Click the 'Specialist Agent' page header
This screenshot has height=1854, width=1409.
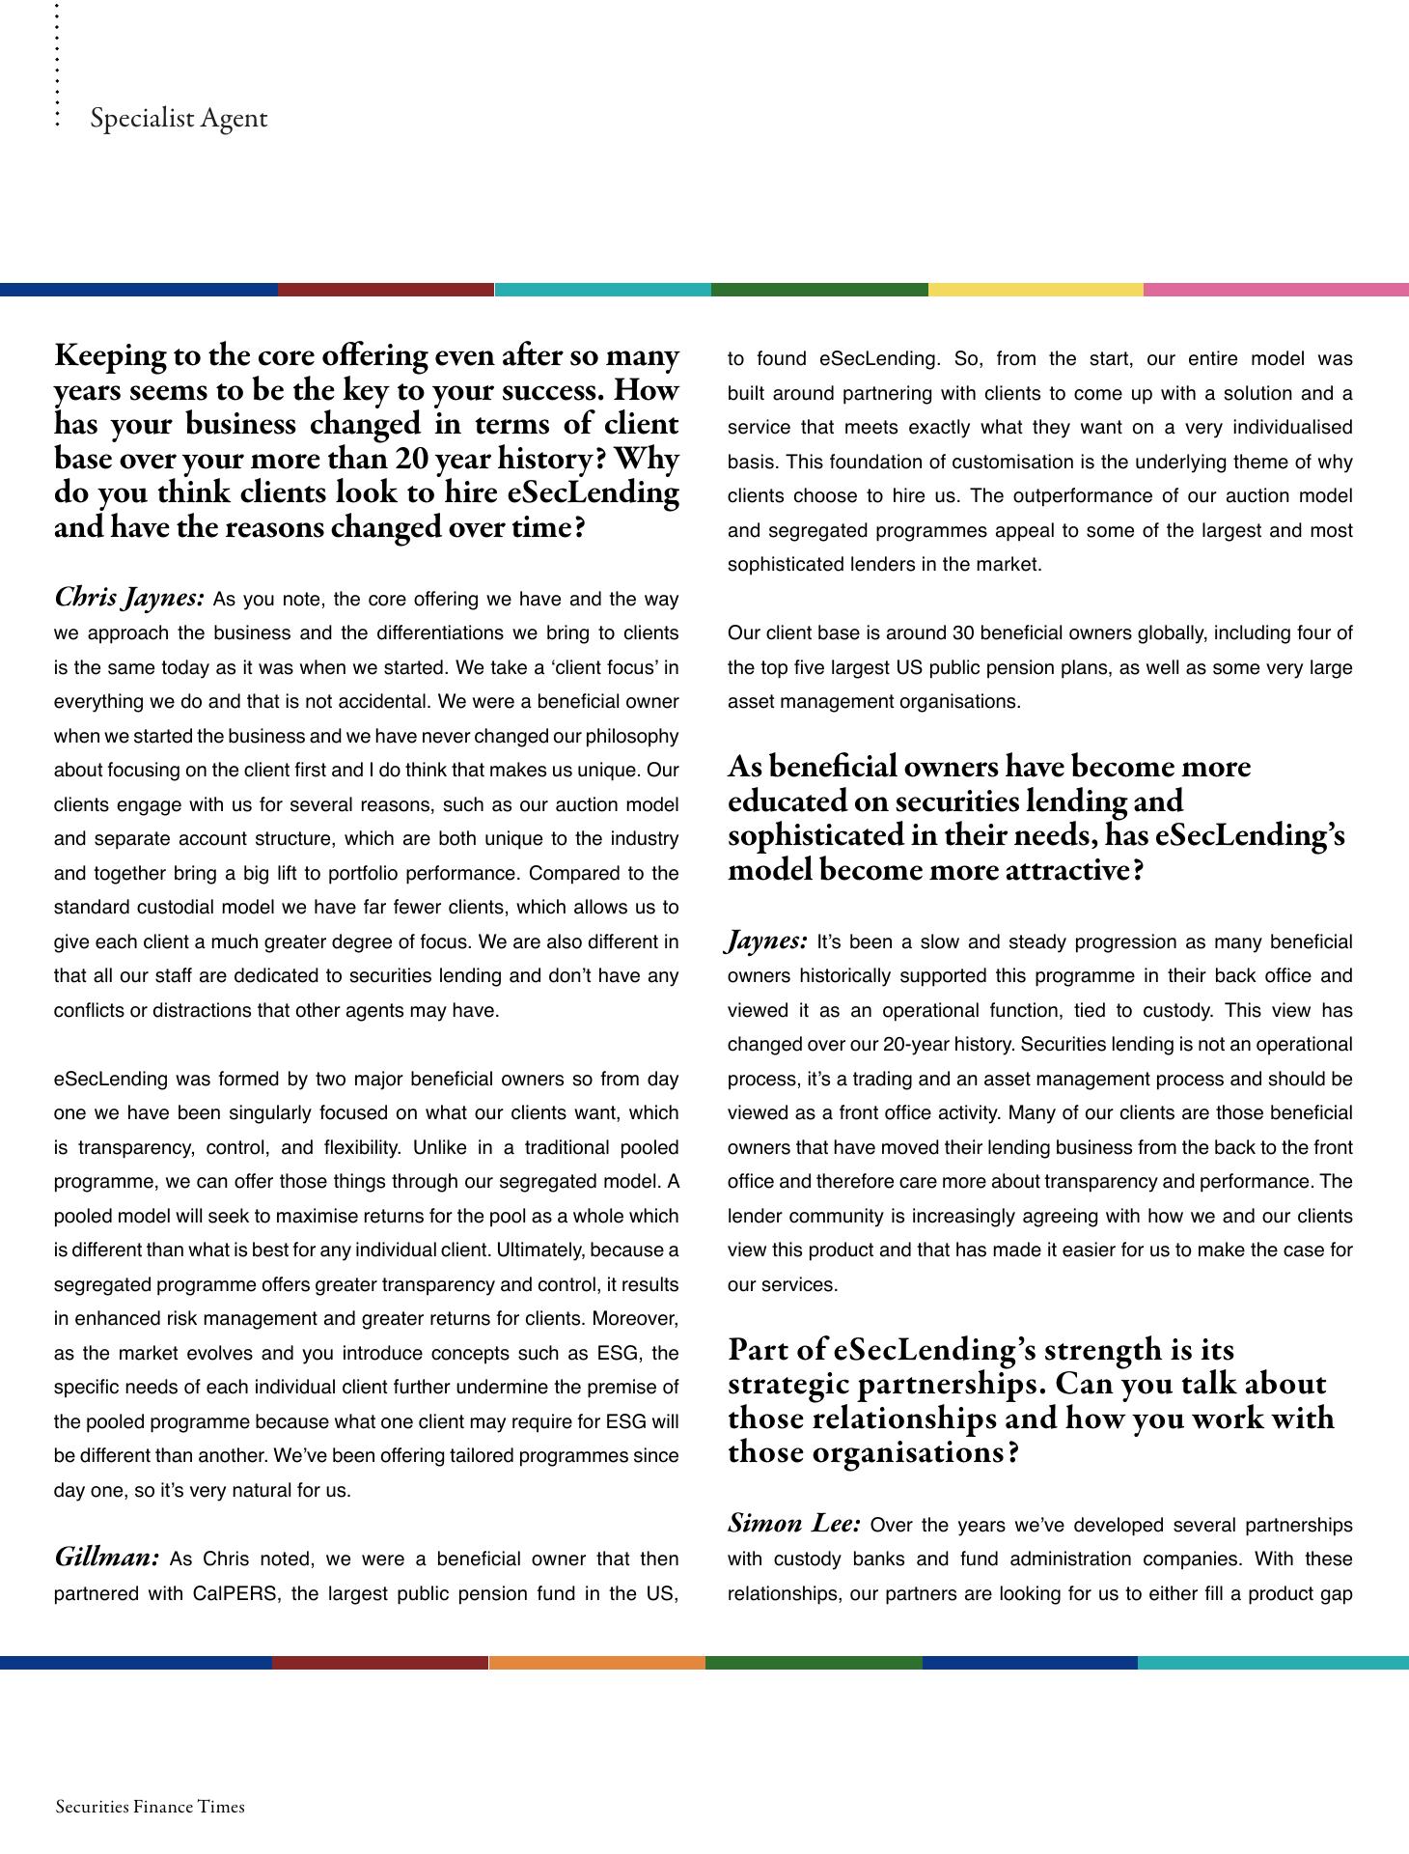[179, 119]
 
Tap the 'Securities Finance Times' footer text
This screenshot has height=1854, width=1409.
[150, 1807]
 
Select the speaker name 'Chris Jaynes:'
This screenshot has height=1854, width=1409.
[129, 598]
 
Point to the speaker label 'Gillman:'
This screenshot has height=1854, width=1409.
[106, 1558]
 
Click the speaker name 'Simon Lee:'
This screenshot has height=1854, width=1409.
[793, 1524]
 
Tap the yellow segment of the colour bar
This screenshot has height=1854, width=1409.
[1036, 290]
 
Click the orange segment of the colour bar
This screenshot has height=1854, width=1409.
[597, 1662]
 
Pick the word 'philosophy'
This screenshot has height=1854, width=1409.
[631, 737]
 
